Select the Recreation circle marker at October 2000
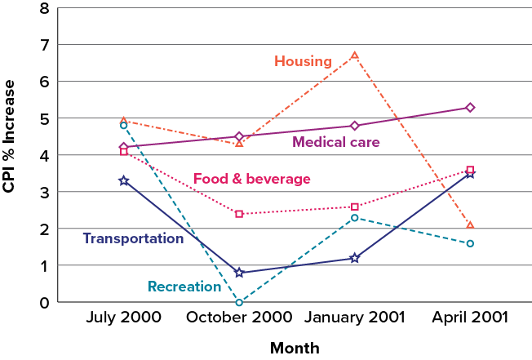pos(239,302)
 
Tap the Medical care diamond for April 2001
pos(470,108)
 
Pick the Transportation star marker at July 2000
pos(124,180)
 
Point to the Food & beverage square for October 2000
pos(239,214)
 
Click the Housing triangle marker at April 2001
pos(470,224)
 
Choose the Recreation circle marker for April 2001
pos(470,243)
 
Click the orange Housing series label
pos(303,61)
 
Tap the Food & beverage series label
pos(240,179)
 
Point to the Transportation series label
pos(133,238)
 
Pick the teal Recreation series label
pos(184,287)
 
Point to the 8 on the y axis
pos(42,9)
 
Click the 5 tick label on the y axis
pos(42,119)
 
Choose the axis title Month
pos(297,348)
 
